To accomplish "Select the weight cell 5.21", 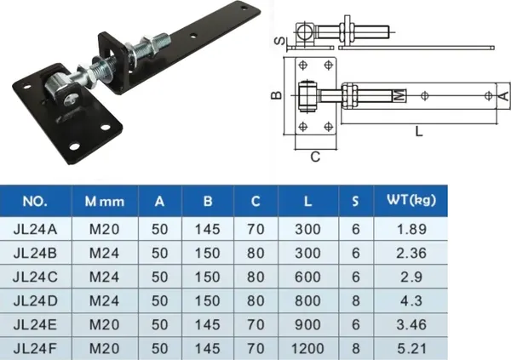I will click(411, 348).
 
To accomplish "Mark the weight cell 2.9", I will click(411, 276).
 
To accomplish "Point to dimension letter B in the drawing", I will click(276, 95).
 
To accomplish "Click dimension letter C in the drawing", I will click(315, 157).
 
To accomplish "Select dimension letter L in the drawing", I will click(417, 131).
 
